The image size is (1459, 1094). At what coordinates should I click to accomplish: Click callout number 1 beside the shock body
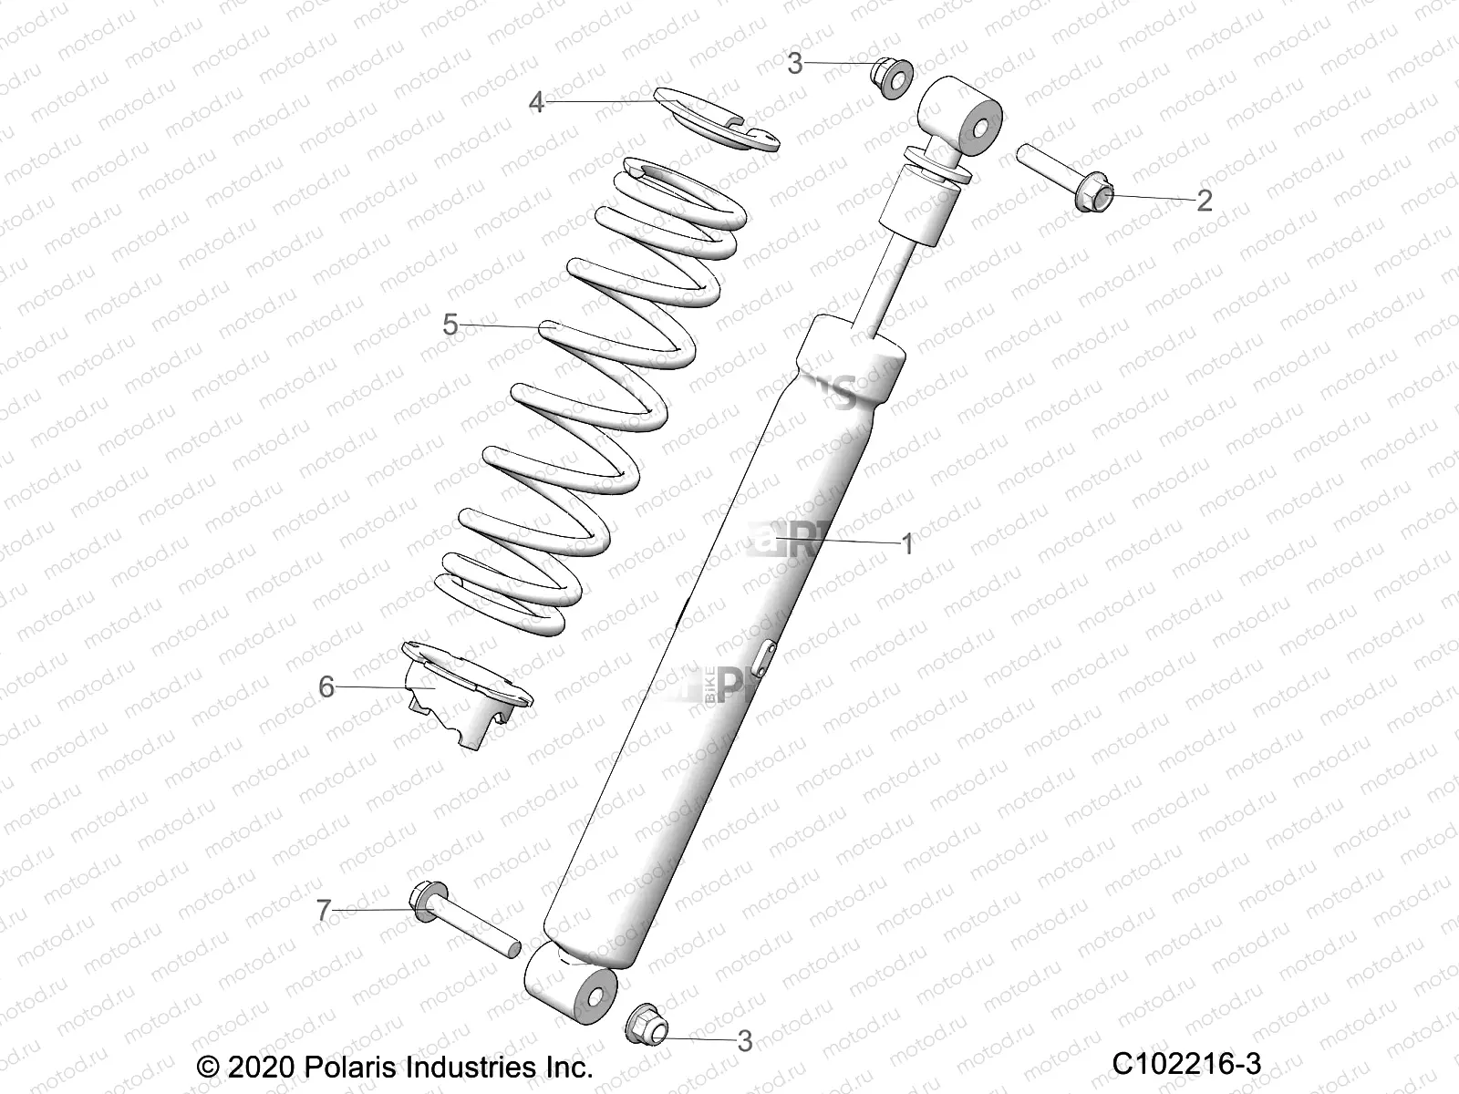tap(906, 544)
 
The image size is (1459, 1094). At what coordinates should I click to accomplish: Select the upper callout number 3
tap(795, 64)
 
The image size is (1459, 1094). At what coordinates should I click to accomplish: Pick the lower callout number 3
tap(745, 1040)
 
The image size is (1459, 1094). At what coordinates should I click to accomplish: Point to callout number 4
tap(536, 102)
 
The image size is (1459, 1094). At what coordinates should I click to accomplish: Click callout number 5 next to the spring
tap(450, 325)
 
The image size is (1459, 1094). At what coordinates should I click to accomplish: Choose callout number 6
tap(326, 686)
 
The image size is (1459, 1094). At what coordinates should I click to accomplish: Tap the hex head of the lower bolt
tap(426, 900)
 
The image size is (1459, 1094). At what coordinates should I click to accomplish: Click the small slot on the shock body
tap(764, 655)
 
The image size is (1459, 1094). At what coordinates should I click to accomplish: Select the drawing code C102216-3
tap(1185, 1063)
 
